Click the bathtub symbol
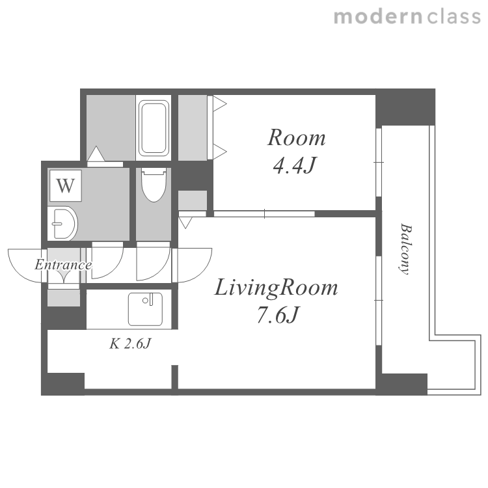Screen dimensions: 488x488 tap(154, 128)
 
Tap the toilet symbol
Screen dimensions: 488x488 tap(154, 185)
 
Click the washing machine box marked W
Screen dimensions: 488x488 tap(65, 185)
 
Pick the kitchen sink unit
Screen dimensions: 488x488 tap(145, 308)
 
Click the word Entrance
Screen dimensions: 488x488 tap(63, 265)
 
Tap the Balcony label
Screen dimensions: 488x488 tap(405, 249)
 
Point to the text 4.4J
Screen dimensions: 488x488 tap(294, 165)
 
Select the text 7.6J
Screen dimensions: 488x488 tap(278, 315)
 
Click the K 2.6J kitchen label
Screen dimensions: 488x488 tap(130, 344)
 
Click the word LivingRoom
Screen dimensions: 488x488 tap(276, 287)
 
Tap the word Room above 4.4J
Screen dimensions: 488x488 tap(297, 137)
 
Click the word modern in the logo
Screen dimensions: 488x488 tap(378, 17)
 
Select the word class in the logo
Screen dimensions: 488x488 tap(454, 17)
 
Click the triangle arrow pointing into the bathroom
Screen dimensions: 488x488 tap(96, 154)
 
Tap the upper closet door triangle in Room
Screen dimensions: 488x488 tap(220, 103)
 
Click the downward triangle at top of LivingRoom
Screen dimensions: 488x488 tap(185, 223)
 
